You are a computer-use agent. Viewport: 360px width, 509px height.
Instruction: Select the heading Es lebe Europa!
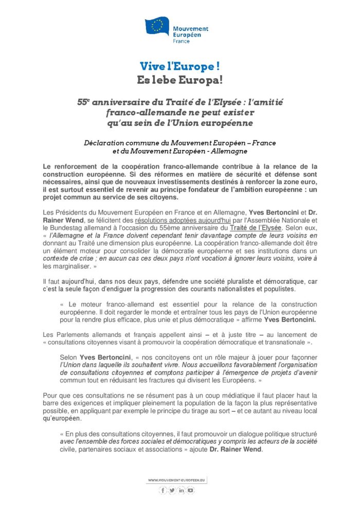[179, 80]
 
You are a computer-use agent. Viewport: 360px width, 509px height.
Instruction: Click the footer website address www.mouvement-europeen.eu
[176, 480]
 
